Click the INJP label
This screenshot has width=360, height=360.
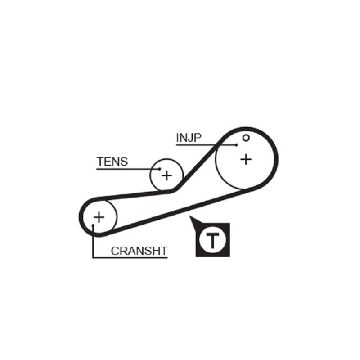click(189, 138)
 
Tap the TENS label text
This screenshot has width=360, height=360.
click(112, 162)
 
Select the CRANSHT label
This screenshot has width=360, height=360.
click(139, 251)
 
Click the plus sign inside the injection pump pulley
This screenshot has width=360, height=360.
click(246, 159)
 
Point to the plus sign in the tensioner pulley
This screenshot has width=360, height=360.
click(167, 175)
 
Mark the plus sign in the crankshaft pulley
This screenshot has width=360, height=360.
click(99, 217)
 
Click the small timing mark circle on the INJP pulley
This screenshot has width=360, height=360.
click(246, 138)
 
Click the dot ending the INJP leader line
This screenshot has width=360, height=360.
click(236, 145)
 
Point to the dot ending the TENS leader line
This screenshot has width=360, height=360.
click(160, 169)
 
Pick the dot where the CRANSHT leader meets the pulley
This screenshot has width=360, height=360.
click(93, 225)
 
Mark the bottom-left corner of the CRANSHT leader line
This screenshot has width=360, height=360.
click(93, 258)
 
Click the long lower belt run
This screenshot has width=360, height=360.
click(180, 210)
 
